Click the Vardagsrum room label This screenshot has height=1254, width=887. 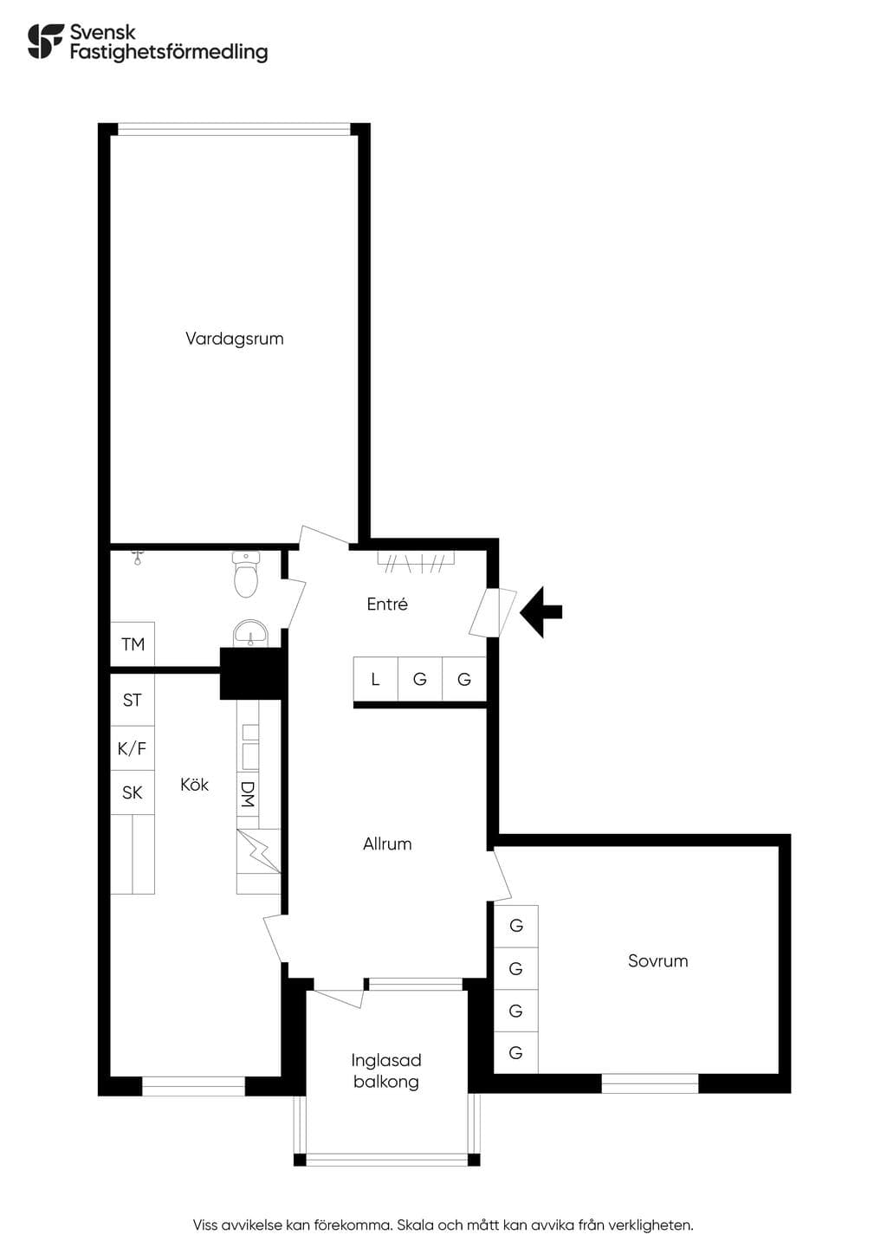234,339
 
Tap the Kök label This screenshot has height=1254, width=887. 194,785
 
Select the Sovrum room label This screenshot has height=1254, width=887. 658,961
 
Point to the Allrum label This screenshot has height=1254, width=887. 387,844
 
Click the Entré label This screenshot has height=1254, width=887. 387,604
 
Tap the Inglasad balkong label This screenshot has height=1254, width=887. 386,1071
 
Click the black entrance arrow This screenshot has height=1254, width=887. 541,612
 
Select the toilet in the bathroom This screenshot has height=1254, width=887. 246,574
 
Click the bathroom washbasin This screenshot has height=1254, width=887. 250,634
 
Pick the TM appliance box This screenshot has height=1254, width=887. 133,643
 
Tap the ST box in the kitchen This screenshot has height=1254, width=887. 133,700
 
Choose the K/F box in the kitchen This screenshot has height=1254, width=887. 133,748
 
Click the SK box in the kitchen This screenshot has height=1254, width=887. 133,792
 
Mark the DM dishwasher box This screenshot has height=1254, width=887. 248,794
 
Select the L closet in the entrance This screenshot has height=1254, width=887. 375,678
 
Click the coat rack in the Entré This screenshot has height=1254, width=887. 416,561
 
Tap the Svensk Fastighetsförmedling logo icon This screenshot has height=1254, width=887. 46,41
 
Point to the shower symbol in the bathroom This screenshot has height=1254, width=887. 137,557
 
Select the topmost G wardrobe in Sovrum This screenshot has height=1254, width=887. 515,926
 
